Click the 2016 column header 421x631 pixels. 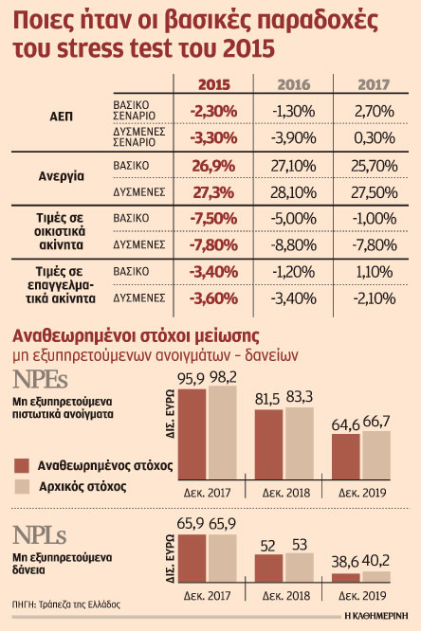(x=294, y=84)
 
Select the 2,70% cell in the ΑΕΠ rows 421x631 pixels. (x=375, y=112)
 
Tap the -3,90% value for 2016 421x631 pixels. (x=294, y=138)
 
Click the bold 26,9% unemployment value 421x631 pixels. (x=213, y=166)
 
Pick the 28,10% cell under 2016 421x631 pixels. (x=294, y=192)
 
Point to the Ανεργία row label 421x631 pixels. (x=62, y=176)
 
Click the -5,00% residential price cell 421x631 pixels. (x=294, y=219)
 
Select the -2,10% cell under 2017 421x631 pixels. (x=375, y=298)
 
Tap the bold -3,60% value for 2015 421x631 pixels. (x=213, y=298)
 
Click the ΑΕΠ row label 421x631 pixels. (x=62, y=117)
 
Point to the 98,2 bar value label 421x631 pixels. (x=223, y=378)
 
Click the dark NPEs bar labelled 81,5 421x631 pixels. (x=268, y=444)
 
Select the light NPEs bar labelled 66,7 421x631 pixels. (x=376, y=456)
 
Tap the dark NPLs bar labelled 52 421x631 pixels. (x=268, y=568)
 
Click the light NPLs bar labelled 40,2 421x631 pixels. (x=376, y=577)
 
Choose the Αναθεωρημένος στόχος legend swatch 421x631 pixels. (x=22, y=465)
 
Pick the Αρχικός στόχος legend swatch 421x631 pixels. (x=22, y=487)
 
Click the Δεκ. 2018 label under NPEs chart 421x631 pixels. (x=286, y=493)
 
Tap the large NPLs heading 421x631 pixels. (x=39, y=535)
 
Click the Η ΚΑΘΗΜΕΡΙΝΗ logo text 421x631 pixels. (x=376, y=616)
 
